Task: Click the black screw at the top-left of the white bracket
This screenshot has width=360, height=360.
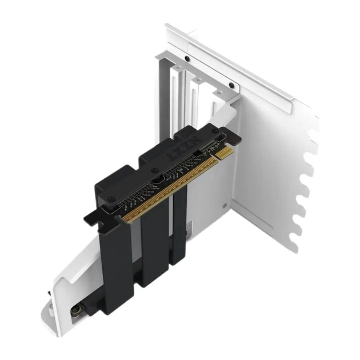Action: pyautogui.click(x=187, y=59)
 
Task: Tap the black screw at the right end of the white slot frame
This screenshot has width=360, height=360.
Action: pyautogui.click(x=231, y=86)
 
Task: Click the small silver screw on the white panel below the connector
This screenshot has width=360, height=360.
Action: pyautogui.click(x=227, y=203)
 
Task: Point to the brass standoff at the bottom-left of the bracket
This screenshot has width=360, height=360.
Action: pyautogui.click(x=75, y=312)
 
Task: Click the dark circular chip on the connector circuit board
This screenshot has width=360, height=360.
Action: pyautogui.click(x=155, y=184)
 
